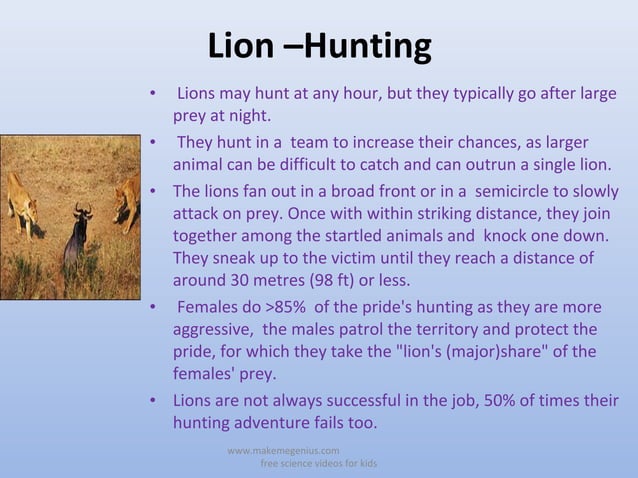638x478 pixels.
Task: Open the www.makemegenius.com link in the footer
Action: click(x=283, y=451)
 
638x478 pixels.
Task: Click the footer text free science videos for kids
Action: click(x=318, y=465)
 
